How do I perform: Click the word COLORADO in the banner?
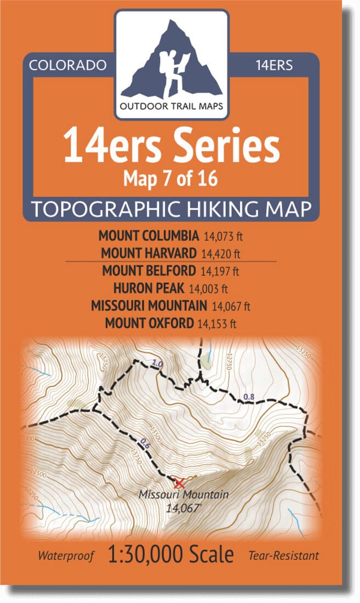[x=67, y=65]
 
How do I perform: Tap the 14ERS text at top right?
[x=274, y=65]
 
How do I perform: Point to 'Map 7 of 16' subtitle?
[x=172, y=178]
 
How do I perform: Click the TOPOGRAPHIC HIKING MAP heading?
[x=172, y=209]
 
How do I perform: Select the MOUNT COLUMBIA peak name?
[x=148, y=236]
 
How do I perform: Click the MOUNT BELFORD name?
[x=148, y=271]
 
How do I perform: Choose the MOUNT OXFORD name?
[x=149, y=323]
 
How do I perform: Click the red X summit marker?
[x=179, y=483]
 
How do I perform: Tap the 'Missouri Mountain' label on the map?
[x=183, y=494]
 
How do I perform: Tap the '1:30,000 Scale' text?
[x=171, y=555]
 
